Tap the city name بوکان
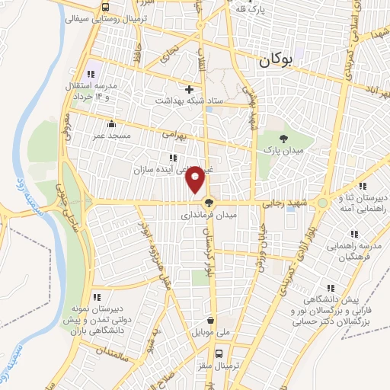275,61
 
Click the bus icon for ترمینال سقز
219,353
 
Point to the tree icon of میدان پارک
284,138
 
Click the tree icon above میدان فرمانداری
208,202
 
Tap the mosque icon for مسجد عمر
112,123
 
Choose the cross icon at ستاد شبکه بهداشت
190,88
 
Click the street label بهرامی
174,134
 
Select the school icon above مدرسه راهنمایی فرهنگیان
353,234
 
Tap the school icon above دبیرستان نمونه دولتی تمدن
96,295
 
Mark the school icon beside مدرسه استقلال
91,74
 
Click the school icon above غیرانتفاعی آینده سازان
161,158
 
